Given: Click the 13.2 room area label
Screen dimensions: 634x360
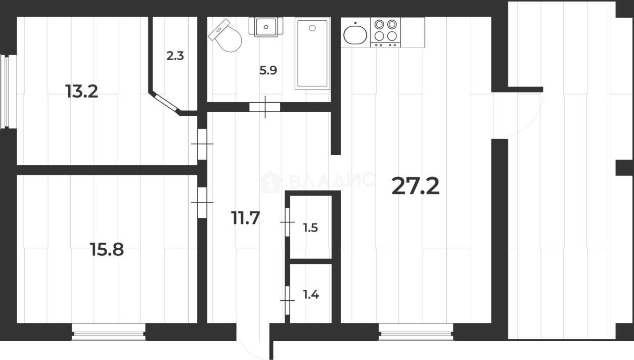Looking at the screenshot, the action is coord(81,92).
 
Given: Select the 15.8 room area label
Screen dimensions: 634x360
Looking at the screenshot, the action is coord(107,249).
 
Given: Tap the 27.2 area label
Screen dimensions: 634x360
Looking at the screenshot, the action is coord(416,186).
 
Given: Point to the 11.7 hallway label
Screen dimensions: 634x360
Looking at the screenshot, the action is coord(245,218).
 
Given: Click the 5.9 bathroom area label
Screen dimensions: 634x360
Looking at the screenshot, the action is coord(268,70).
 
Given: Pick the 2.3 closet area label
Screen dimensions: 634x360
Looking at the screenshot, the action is coord(175,56).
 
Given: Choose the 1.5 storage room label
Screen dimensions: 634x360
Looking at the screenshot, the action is coord(310,228).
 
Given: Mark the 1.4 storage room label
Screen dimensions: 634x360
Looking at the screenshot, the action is coord(311,295).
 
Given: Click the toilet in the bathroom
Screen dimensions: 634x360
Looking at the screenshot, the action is coord(225,36).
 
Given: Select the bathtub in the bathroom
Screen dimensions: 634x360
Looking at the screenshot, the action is coord(312,54).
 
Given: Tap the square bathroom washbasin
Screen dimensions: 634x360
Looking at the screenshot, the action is coord(266,27).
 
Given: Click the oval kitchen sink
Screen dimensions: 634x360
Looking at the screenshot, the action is coord(355,34).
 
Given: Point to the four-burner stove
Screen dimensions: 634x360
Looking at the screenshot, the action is coord(385,32).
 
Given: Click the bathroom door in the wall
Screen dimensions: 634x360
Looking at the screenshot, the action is coord(265,107).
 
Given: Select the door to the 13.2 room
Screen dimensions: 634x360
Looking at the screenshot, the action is coord(202,144).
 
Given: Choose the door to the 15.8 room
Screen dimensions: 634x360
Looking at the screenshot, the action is coord(202,202).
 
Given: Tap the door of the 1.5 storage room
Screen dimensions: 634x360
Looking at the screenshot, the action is coord(287,222).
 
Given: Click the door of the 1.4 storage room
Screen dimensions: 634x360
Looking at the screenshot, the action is coord(287,300).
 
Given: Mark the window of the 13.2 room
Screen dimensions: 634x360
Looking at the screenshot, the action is coord(8,92).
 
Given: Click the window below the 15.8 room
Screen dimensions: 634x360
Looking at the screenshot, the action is coord(108,332).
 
